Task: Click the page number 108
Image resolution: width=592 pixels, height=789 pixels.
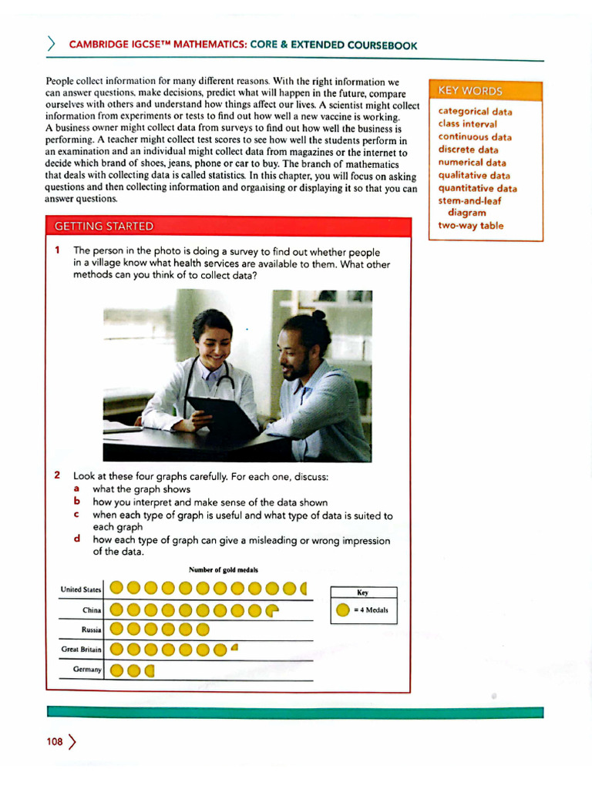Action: click(55, 742)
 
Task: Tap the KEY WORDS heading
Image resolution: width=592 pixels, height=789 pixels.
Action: click(469, 91)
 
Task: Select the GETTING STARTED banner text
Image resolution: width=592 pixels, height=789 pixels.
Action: click(103, 226)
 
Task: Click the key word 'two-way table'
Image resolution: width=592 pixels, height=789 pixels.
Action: click(470, 226)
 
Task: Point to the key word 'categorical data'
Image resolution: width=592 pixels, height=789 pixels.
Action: click(475, 111)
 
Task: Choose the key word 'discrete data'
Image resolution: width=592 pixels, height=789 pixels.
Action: click(468, 149)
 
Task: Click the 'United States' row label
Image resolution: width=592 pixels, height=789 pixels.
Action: click(81, 589)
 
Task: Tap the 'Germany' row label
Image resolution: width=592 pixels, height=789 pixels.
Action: click(87, 670)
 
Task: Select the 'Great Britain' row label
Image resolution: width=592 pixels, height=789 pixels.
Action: click(81, 650)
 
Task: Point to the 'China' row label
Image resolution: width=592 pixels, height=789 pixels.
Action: click(92, 609)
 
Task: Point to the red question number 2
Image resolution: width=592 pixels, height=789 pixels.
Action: click(58, 475)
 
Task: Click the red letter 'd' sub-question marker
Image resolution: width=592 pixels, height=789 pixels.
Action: click(77, 539)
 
